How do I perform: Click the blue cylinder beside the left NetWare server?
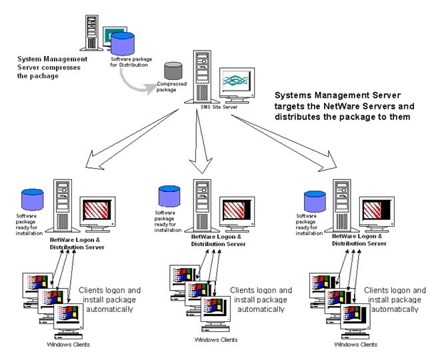[x=33, y=198]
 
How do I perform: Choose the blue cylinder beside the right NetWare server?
[x=313, y=201]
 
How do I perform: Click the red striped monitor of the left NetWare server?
[x=97, y=211]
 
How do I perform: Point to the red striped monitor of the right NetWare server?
[x=375, y=212]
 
